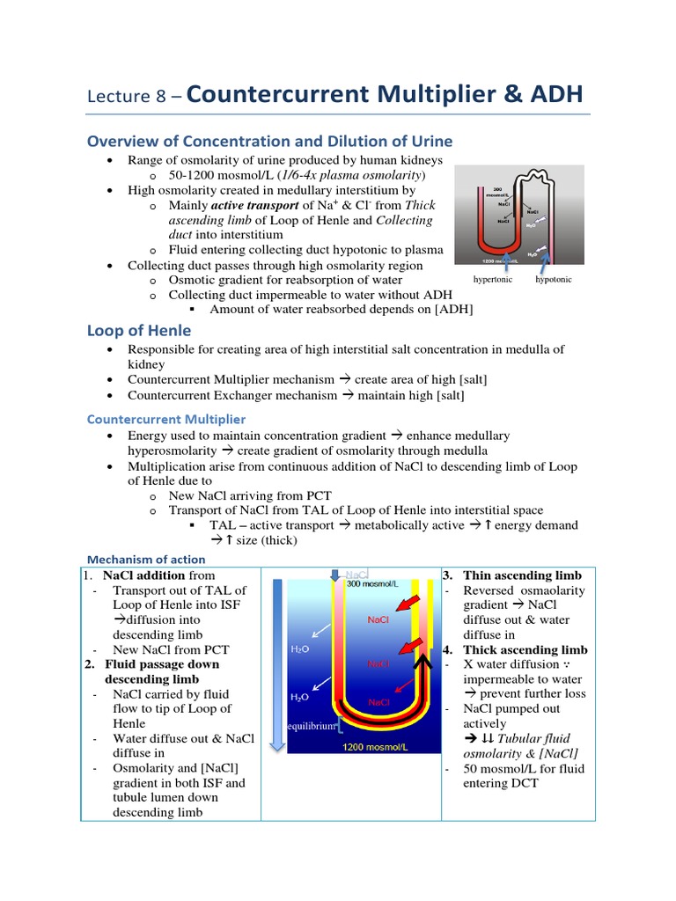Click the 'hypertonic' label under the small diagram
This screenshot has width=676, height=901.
494,279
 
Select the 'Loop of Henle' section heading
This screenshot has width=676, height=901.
139,331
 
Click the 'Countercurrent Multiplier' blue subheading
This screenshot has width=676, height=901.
166,419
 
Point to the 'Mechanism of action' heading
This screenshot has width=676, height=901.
146,560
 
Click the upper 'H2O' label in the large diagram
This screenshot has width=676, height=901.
299,651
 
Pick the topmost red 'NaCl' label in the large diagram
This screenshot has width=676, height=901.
379,619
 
